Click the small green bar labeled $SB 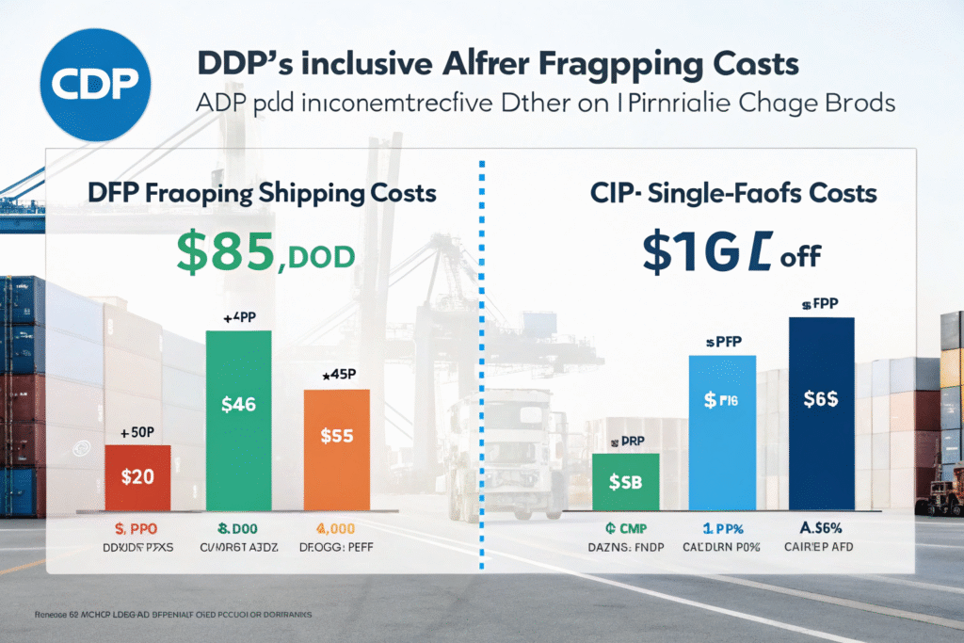(626, 482)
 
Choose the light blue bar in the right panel (722, 430)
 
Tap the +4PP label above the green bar (238, 317)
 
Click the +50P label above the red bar (137, 433)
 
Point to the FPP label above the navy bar (820, 305)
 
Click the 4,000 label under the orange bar (336, 529)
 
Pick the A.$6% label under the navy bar (821, 529)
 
